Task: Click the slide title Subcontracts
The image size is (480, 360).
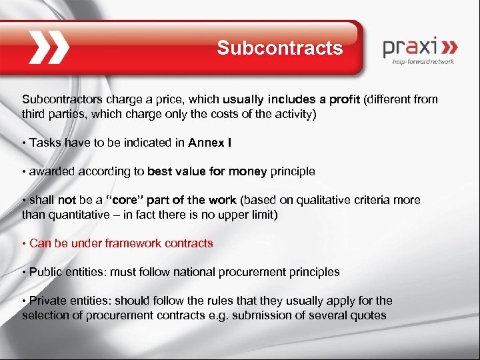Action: click(x=279, y=49)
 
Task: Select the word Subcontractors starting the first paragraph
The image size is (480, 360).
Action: click(x=58, y=99)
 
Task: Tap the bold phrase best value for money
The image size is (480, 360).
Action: click(x=207, y=171)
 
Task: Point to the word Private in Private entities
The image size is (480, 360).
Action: click(x=47, y=301)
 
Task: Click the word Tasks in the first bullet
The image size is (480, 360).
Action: click(x=44, y=142)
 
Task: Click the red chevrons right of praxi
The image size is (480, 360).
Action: click(x=450, y=48)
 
